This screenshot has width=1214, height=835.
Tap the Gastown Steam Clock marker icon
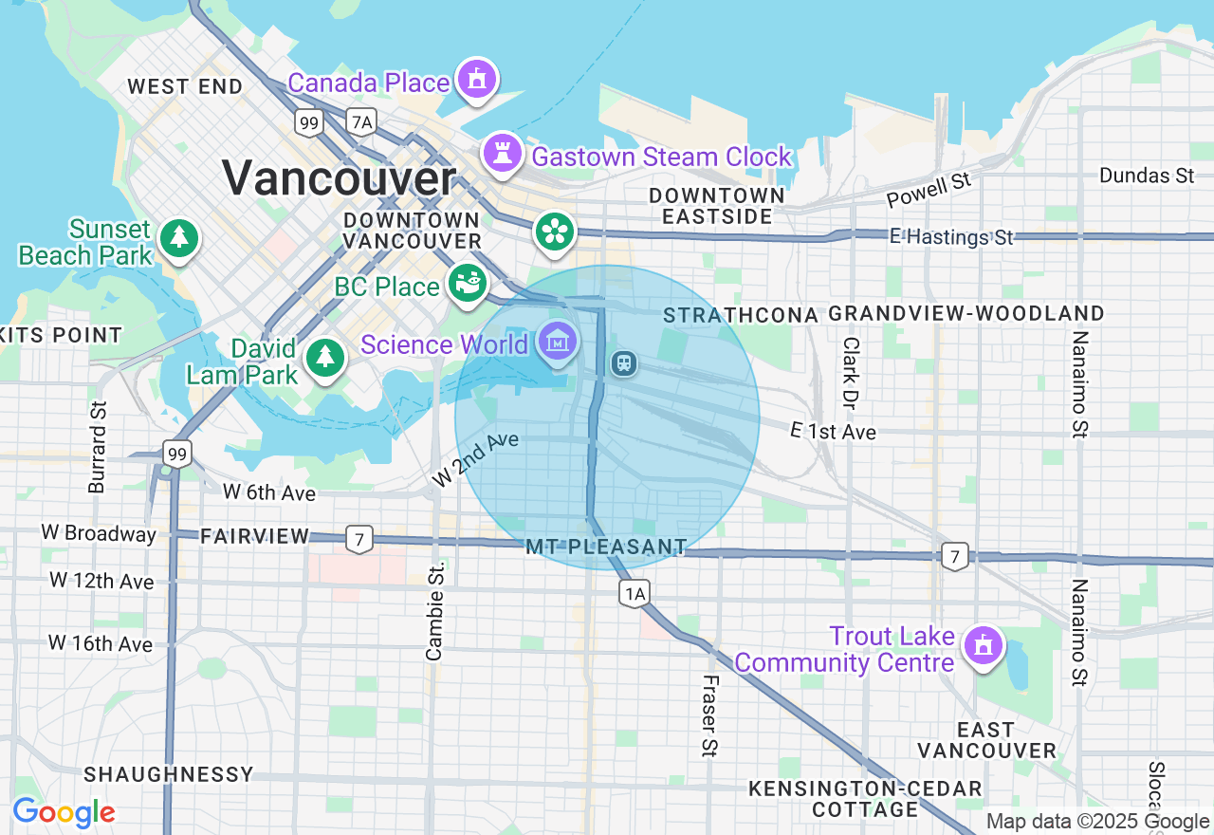coord(502,152)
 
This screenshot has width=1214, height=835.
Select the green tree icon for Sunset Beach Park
coord(178,238)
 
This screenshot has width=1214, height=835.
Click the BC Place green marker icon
coord(467,284)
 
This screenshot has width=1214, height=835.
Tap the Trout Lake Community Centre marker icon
coord(983,646)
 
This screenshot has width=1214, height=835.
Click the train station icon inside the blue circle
coord(623,362)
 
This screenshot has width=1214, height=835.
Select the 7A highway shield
coord(361,121)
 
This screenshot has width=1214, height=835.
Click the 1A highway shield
coord(635,594)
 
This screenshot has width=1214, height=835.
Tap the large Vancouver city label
coord(339,178)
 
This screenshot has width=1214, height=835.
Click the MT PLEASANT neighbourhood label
coord(607,547)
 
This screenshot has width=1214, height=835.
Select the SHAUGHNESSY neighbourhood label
coord(169,774)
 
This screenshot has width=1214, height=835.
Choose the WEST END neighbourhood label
coord(185,86)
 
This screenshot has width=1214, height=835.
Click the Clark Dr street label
coord(851,373)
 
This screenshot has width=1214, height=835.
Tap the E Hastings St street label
coord(951,237)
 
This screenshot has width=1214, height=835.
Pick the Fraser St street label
coord(709,715)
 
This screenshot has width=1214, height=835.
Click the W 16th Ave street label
coord(101,643)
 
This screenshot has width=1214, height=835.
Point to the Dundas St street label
coord(1147,176)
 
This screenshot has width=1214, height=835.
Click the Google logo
coord(64,812)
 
